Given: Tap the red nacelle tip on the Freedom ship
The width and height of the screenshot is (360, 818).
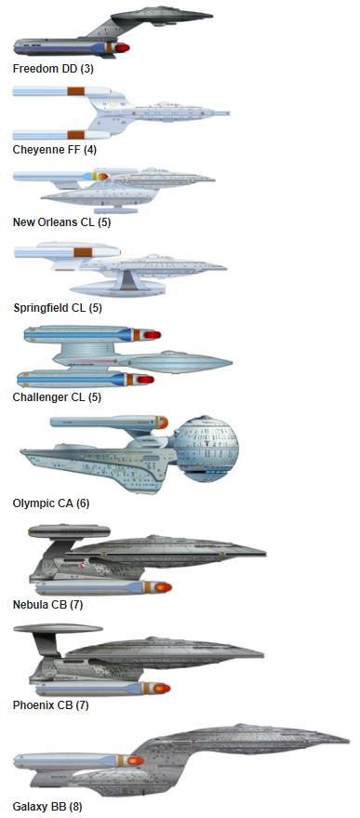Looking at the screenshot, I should point(122,47).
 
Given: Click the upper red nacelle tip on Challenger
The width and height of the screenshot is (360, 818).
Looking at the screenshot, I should point(150,335).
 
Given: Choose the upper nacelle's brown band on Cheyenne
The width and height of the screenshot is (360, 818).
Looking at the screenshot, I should point(76,91).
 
